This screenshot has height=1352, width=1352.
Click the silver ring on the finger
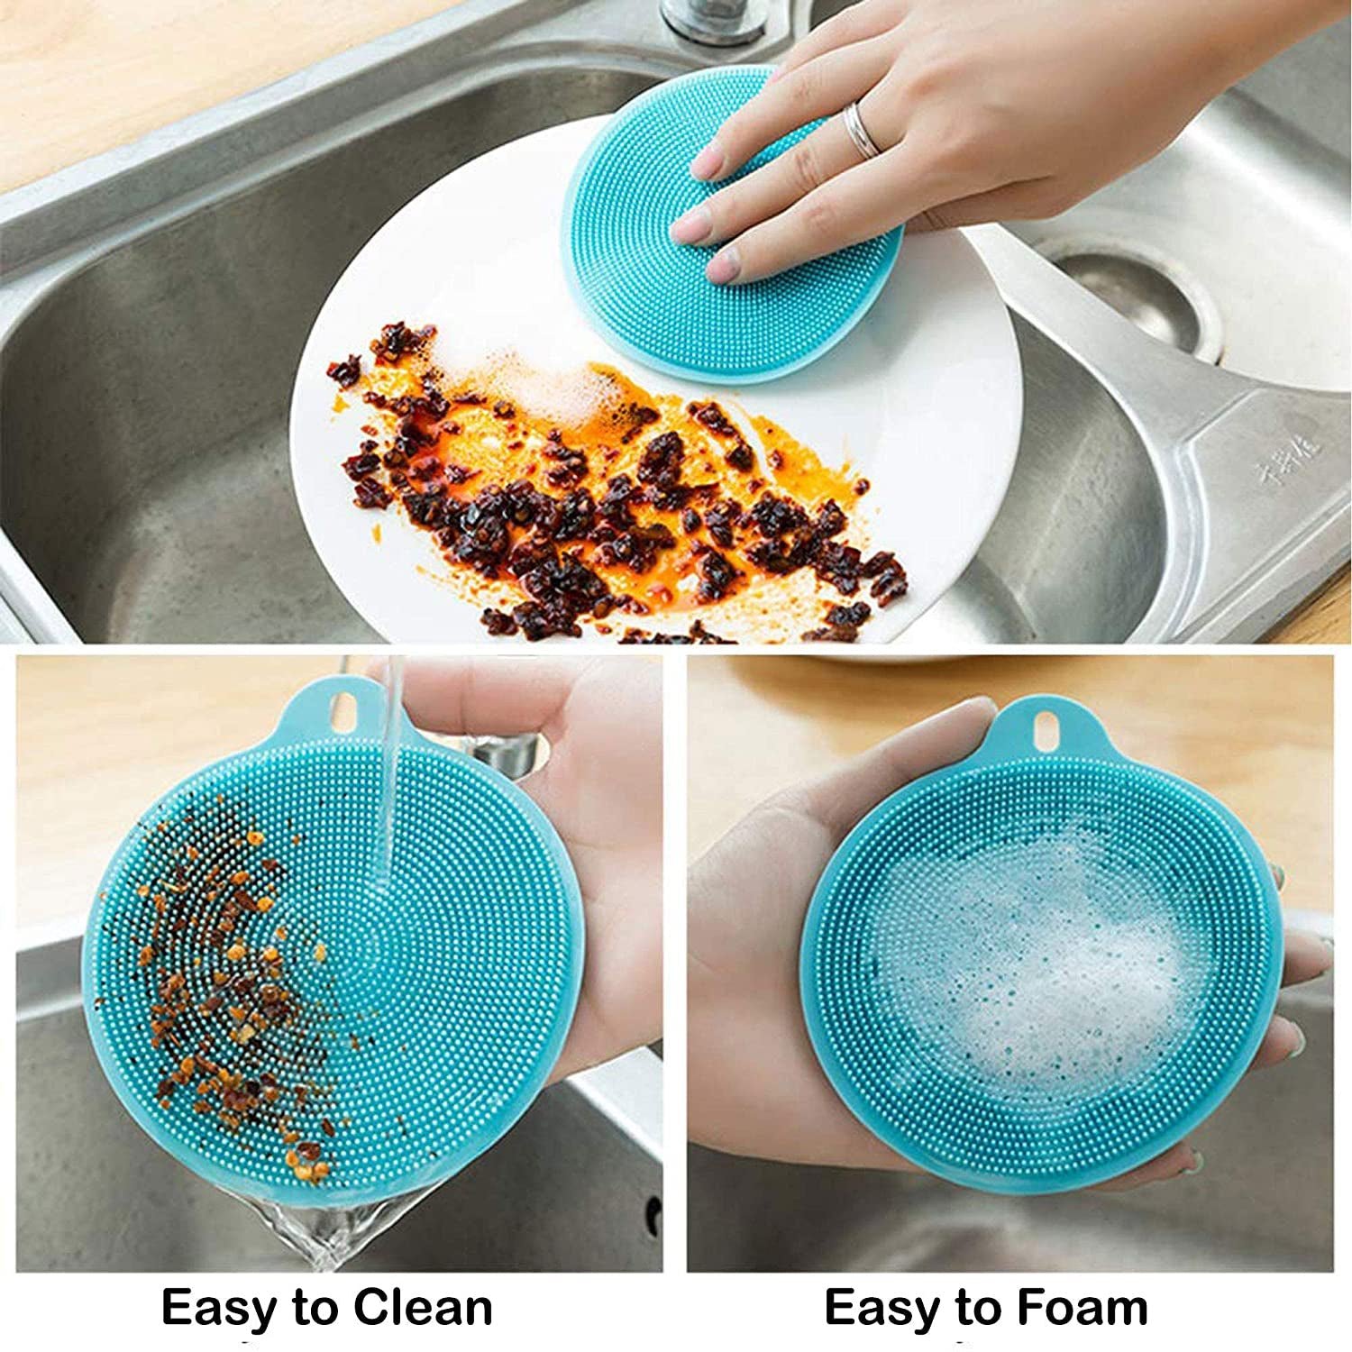point(861,131)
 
